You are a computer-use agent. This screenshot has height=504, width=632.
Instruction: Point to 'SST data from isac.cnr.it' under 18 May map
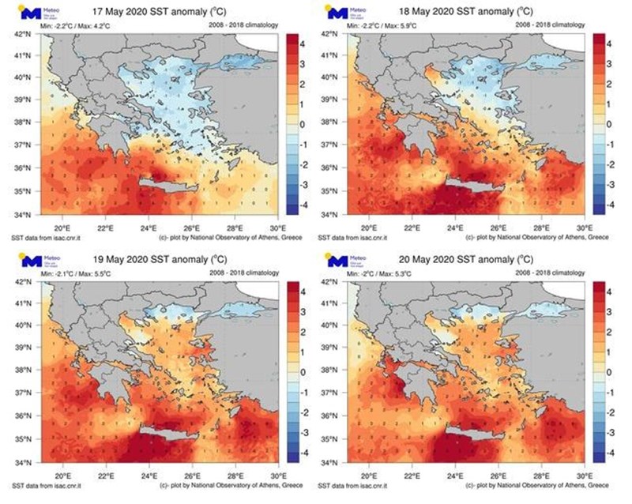click(x=348, y=237)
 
